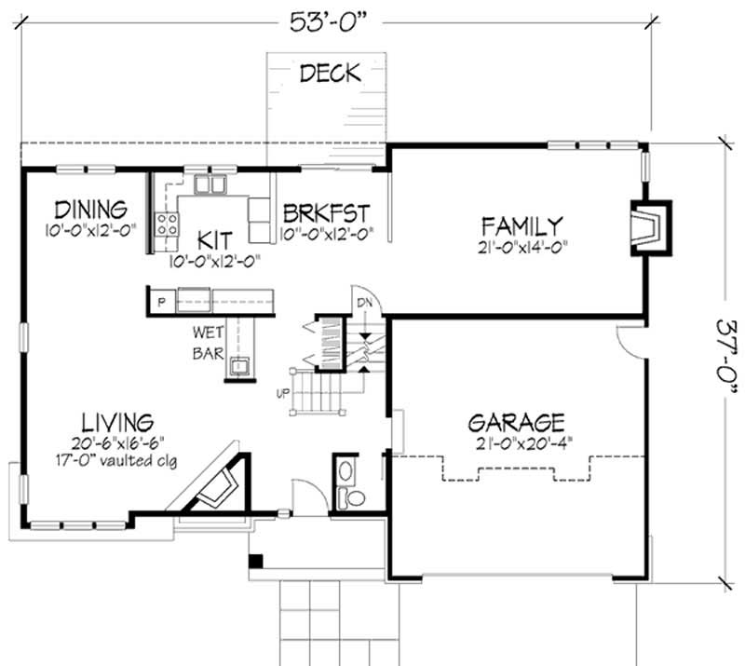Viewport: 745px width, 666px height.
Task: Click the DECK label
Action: [x=330, y=74]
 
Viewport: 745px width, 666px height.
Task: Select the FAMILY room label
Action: [x=521, y=225]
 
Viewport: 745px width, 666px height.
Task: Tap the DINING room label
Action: [x=90, y=207]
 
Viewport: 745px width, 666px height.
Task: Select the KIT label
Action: [x=213, y=238]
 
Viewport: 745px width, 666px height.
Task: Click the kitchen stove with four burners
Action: [x=168, y=224]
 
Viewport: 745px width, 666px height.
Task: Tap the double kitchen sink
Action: [x=210, y=184]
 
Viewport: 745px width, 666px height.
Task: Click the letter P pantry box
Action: [x=160, y=301]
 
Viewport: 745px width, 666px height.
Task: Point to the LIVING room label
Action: [x=115, y=421]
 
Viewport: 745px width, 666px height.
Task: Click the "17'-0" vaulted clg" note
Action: [x=115, y=459]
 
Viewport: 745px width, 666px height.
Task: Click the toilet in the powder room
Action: [x=352, y=497]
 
